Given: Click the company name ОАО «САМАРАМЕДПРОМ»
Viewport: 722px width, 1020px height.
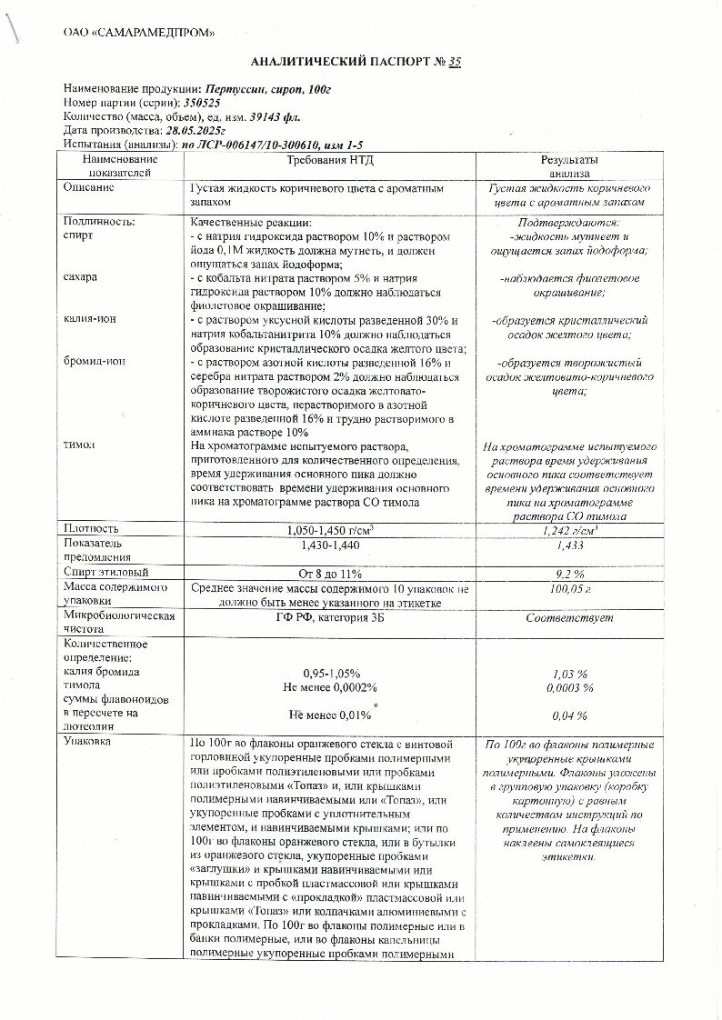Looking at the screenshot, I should (139, 34).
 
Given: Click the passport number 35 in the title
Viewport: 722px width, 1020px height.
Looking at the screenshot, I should (455, 61).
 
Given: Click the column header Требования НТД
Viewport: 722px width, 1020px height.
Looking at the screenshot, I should (330, 160).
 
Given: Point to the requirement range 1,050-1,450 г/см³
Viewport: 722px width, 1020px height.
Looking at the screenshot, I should (330, 530).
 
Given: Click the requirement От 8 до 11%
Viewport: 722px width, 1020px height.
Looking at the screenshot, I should (330, 574).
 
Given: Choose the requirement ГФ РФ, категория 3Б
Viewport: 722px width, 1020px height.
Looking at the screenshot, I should (330, 618).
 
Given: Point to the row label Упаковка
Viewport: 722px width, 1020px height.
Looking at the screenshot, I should (87, 742).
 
